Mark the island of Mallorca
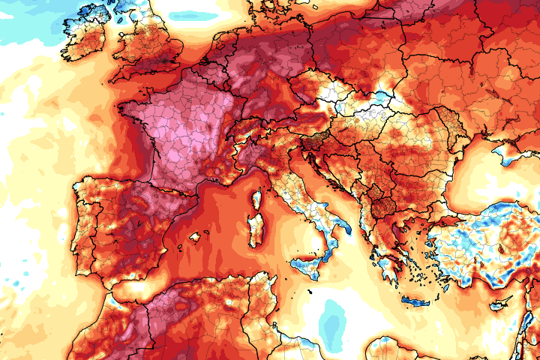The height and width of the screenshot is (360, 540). pyautogui.click(x=197, y=238)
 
